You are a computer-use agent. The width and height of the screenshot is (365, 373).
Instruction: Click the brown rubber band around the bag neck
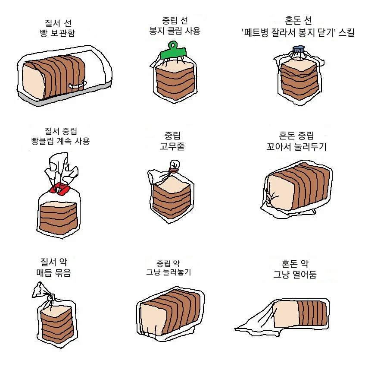174,171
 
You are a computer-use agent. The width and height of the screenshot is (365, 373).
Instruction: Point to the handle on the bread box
78,85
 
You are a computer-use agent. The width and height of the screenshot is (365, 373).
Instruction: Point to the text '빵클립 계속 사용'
60,141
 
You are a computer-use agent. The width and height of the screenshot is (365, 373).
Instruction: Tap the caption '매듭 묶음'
53,273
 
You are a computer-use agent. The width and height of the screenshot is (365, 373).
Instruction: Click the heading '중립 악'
168,262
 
